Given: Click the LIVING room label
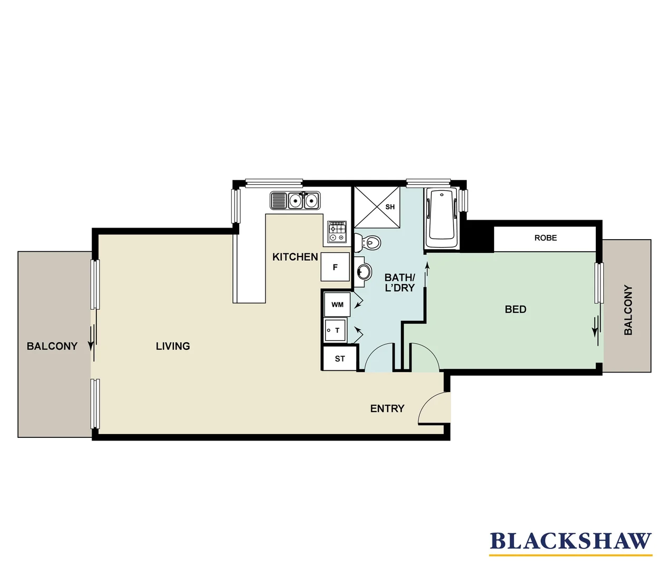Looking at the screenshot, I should pyautogui.click(x=173, y=346).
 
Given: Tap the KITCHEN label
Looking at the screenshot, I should pyautogui.click(x=295, y=257).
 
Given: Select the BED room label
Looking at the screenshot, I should pyautogui.click(x=515, y=309).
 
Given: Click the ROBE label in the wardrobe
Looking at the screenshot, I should pyautogui.click(x=545, y=238).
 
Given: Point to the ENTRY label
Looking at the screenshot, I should pyautogui.click(x=387, y=409).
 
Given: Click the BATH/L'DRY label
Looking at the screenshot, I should pyautogui.click(x=400, y=282).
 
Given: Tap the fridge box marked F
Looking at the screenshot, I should pyautogui.click(x=335, y=267).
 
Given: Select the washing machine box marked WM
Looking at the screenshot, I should pyautogui.click(x=337, y=305).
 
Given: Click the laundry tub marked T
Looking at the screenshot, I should pyautogui.click(x=336, y=330).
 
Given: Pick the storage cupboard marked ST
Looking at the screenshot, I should pyautogui.click(x=340, y=359).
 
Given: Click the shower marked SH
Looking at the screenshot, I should pyautogui.click(x=377, y=207).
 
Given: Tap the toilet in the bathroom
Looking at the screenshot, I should pyautogui.click(x=369, y=243).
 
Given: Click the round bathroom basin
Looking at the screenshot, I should pyautogui.click(x=363, y=272).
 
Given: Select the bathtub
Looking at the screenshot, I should pyautogui.click(x=441, y=219).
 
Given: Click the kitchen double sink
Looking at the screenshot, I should pyautogui.click(x=303, y=201).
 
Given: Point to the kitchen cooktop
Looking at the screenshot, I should pyautogui.click(x=337, y=232).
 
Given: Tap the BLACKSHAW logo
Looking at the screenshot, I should pyautogui.click(x=570, y=542).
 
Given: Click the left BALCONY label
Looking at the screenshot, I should pyautogui.click(x=52, y=346).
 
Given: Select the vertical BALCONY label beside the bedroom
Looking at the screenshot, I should pyautogui.click(x=628, y=310).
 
